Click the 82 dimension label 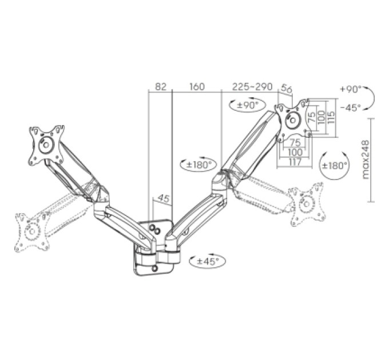[x=160, y=87]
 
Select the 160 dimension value [x=197, y=87]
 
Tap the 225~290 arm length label [x=252, y=87]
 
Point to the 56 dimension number [x=287, y=89]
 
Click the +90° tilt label [x=351, y=89]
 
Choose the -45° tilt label [x=350, y=107]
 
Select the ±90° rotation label [x=248, y=105]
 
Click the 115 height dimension [x=331, y=117]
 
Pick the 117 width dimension [x=295, y=162]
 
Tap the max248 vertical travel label [x=366, y=159]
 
